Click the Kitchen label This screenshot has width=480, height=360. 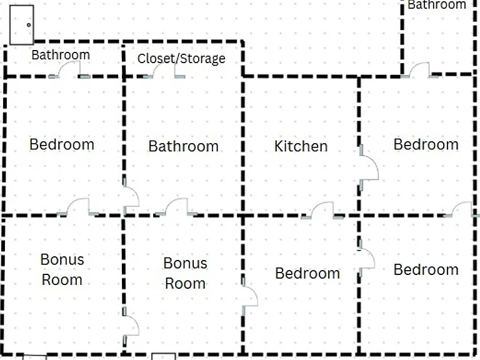click(x=301, y=146)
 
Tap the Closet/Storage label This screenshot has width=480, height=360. click(x=181, y=59)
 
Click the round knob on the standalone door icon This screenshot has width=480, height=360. click(x=29, y=25)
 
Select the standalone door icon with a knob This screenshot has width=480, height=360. click(x=21, y=25)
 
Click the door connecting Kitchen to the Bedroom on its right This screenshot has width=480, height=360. click(x=368, y=167)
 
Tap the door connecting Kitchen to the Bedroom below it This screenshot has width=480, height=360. click(x=322, y=210)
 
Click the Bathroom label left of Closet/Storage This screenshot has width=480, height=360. click(x=61, y=55)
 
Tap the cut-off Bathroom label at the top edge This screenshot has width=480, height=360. click(x=437, y=4)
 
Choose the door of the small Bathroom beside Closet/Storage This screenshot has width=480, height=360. click(x=69, y=69)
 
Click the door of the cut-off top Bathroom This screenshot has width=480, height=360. click(x=419, y=70)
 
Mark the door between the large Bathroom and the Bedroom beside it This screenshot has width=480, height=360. click(x=131, y=196)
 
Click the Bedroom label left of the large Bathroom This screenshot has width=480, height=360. click(x=62, y=144)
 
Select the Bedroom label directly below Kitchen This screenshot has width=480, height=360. click(x=307, y=273)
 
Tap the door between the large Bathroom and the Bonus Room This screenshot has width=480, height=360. click(x=176, y=207)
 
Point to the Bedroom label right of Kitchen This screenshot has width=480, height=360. click(x=426, y=144)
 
